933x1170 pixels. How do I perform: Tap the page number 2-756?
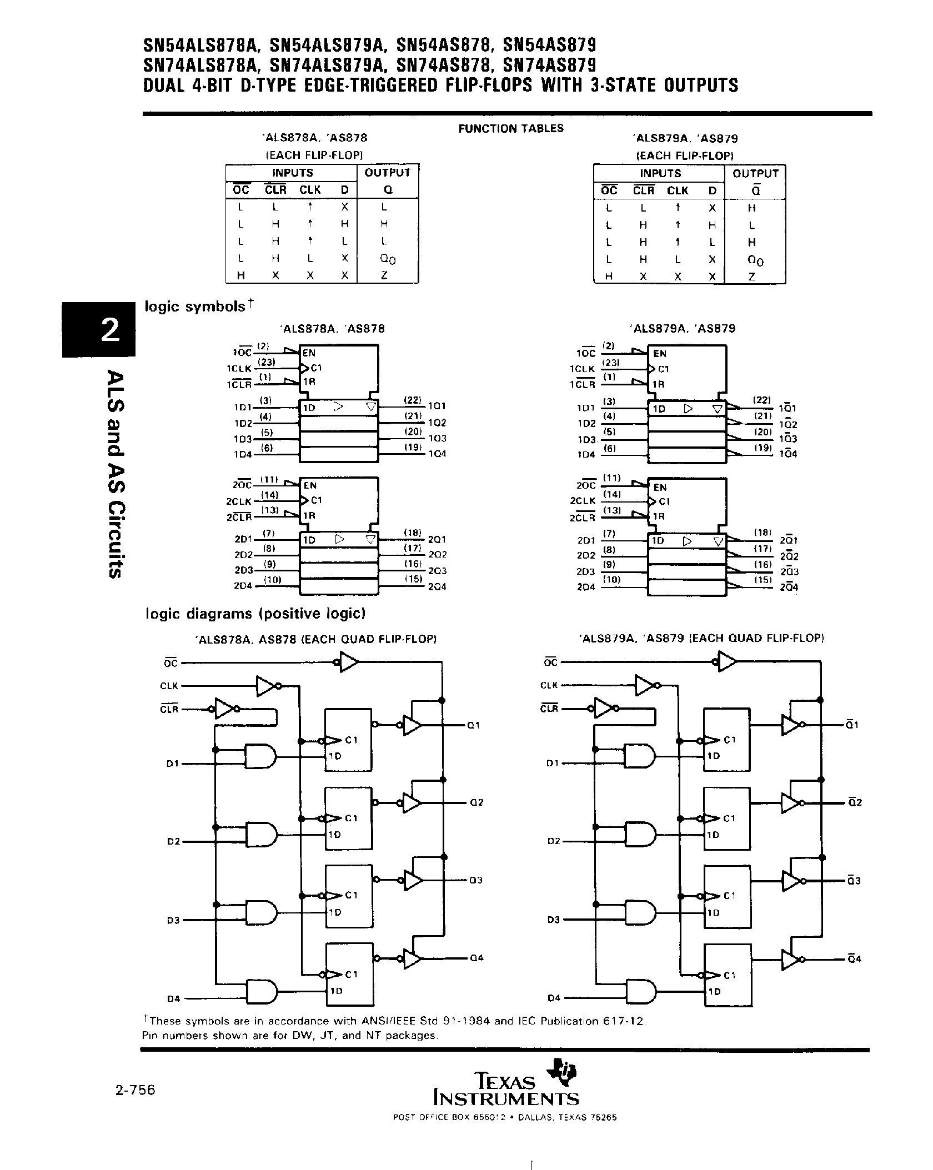click(x=136, y=1091)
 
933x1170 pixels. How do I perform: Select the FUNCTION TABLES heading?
click(x=510, y=129)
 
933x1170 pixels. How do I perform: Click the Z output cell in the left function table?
click(x=384, y=275)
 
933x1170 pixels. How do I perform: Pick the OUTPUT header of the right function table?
click(x=755, y=173)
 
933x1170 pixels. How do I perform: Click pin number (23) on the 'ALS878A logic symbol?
click(x=269, y=363)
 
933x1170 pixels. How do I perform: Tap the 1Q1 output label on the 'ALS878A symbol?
click(x=437, y=406)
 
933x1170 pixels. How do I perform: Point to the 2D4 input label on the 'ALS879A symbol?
click(x=586, y=587)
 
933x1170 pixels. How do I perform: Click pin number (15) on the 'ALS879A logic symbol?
click(x=763, y=580)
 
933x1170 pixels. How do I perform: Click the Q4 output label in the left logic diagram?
click(x=477, y=958)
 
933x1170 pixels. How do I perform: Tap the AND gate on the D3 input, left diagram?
click(x=262, y=912)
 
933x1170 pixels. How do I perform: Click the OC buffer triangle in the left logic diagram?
click(x=349, y=662)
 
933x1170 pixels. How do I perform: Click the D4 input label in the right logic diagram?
click(x=554, y=998)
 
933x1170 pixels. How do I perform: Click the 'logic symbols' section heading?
click(x=195, y=307)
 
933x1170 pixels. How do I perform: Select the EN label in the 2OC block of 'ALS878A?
click(x=310, y=485)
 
